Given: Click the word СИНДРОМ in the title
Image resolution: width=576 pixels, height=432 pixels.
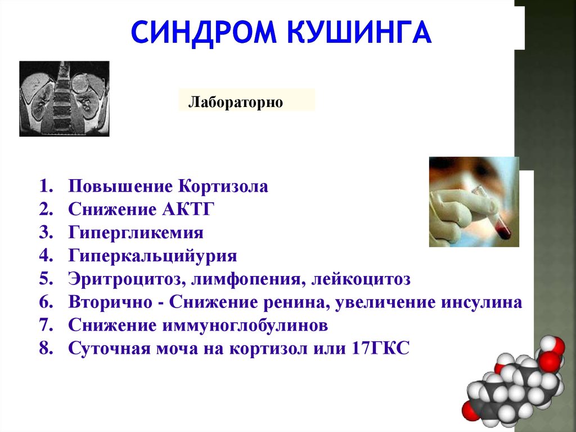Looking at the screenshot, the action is pos(203,32).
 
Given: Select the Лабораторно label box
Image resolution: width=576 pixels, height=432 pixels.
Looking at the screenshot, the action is pos(246,100).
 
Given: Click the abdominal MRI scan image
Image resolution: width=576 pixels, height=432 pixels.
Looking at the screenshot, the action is pos(64,99).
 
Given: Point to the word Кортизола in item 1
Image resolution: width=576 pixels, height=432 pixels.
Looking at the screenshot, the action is pos(223,186).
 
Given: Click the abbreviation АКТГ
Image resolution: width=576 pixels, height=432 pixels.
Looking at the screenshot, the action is pos(188,210).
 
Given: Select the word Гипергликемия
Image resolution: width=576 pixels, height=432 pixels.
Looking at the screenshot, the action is pos(136,233).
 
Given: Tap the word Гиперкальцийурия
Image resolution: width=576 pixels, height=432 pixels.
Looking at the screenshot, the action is pos(153,256).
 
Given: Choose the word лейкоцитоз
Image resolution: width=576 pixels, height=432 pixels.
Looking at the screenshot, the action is pos(361,279).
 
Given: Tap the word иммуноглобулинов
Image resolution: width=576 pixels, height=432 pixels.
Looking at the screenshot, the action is pos(245,326).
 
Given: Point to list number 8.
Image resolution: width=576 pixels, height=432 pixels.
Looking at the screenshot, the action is pos(46,348).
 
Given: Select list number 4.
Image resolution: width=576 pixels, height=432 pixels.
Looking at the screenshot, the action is pos(46,256).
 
